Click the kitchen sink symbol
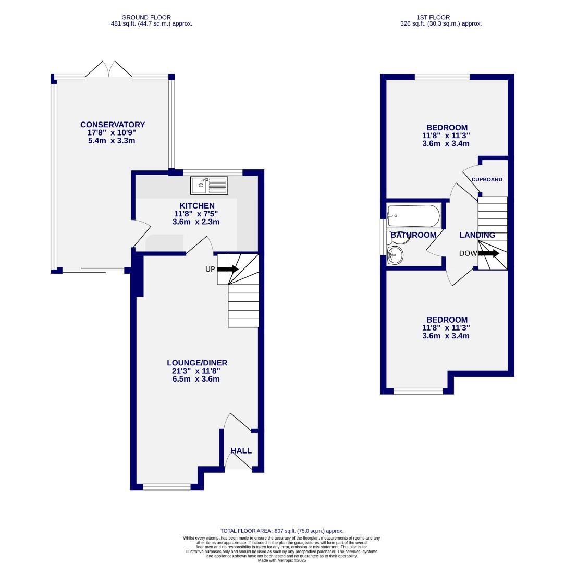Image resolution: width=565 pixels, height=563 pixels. point(209,185)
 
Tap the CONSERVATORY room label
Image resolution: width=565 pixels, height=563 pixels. point(113,125)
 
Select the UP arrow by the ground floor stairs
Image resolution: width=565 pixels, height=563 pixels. point(227,269)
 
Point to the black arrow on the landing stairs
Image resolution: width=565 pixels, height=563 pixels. point(489,253)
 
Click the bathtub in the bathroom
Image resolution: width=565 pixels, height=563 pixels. point(414,216)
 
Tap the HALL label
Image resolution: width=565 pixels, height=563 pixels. point(241,450)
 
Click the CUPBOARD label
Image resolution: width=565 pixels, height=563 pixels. point(487,179)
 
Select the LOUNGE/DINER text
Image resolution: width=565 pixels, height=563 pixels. point(197,363)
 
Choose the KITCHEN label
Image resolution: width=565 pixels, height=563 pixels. point(197,206)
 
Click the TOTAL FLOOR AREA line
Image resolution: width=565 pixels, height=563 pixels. point(281,531)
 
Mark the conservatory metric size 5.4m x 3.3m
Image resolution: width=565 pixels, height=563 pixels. point(113,141)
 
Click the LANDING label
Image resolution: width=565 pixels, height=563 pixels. point(477,235)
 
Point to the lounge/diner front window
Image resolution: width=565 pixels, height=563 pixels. point(167,487)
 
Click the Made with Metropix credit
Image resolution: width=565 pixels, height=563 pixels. point(281,560)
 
